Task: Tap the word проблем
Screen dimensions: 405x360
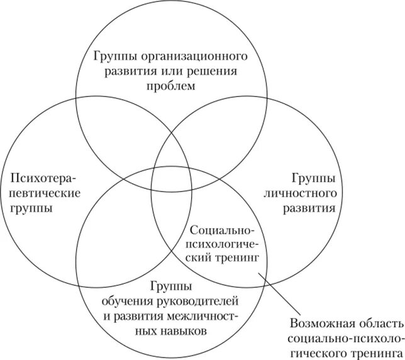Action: coord(172,86)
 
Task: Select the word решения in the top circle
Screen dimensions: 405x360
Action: coord(213,70)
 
